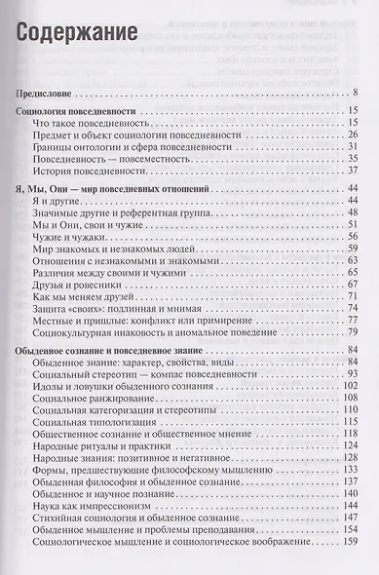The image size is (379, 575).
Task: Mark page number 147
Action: coord(352,509)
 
